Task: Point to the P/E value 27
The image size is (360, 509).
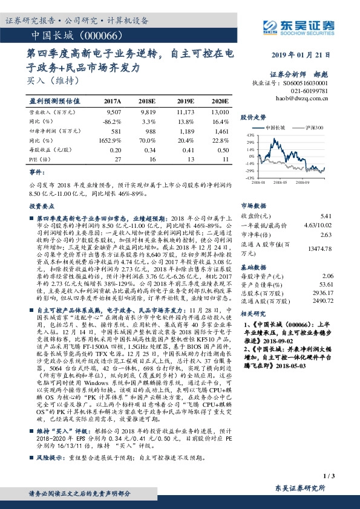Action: pos(117,158)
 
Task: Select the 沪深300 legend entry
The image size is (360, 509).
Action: pos(311,128)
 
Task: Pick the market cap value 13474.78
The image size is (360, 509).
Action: pos(321,248)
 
